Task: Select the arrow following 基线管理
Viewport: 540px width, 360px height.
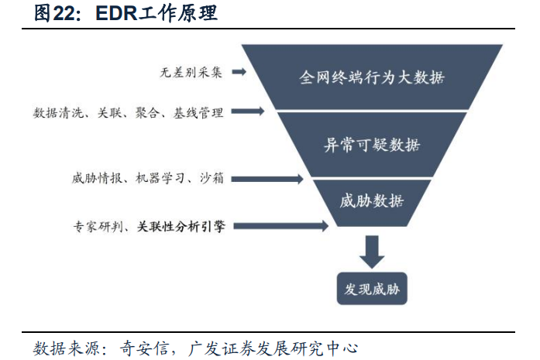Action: [247, 112]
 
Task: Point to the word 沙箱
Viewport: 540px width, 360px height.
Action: [211, 179]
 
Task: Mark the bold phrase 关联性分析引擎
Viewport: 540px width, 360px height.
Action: [181, 227]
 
